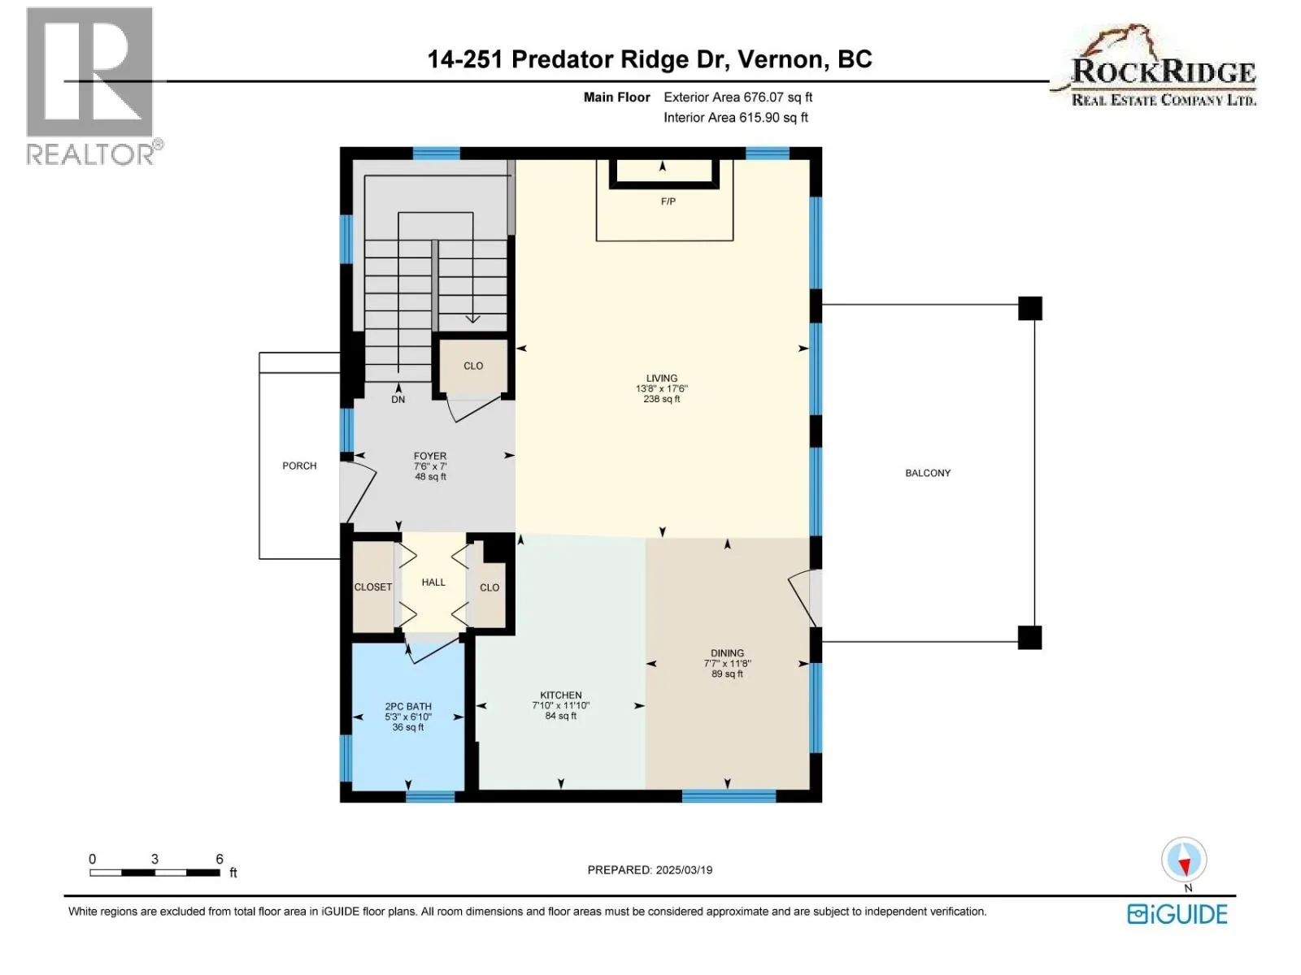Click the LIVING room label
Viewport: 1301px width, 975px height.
coord(661,378)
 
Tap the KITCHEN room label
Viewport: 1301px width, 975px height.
coord(560,695)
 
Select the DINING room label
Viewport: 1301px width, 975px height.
coord(727,653)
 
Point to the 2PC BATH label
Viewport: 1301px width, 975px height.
coord(408,705)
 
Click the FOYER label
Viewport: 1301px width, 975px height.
coord(429,456)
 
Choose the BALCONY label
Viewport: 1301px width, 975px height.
coord(927,472)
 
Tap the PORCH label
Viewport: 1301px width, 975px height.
coord(299,466)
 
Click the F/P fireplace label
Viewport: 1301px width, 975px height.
coord(668,201)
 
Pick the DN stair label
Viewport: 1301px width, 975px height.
coord(398,399)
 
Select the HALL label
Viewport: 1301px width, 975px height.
coord(433,582)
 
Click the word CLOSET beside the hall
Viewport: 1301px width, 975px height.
coord(372,587)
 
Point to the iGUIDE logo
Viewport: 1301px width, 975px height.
coord(1177,914)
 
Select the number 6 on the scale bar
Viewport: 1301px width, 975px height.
coord(220,858)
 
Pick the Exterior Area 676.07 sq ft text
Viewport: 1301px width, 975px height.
coord(738,97)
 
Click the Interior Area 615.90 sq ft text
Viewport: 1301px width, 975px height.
coord(736,117)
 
